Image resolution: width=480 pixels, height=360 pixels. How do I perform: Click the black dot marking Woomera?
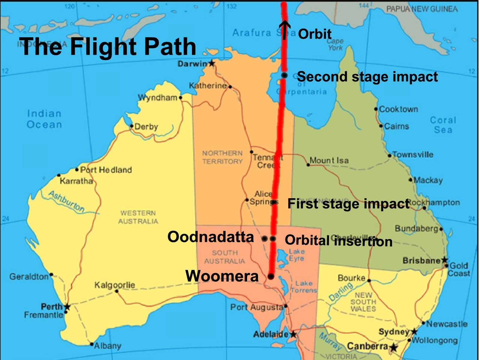coord(271,276)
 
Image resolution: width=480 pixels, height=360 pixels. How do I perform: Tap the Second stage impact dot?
coord(284,75)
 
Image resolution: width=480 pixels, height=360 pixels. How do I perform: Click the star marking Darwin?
coord(212,63)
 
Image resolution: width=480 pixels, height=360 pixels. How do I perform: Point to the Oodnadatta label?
coord(211,237)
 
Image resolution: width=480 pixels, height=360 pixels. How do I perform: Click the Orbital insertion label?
coord(338,241)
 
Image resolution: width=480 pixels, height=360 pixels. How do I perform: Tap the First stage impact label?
coord(348,204)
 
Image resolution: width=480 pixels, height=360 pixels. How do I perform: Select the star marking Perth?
coord(67,307)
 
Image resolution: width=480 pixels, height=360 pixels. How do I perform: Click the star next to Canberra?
coord(393,348)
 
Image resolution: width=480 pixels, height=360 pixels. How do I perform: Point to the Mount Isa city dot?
coord(308,165)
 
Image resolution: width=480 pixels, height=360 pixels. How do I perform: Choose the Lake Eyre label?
coord(296,255)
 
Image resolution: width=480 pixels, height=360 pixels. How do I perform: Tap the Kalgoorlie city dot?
coord(117,291)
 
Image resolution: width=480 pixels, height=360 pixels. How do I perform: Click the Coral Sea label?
coord(443,125)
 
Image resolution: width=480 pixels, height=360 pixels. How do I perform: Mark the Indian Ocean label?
coord(44,119)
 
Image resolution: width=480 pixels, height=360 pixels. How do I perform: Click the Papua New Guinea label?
coord(422,9)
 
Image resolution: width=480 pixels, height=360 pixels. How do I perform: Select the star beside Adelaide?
coord(293,334)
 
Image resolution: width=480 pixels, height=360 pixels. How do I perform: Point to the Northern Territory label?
coord(222,157)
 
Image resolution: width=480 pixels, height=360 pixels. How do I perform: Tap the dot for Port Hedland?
coord(77,170)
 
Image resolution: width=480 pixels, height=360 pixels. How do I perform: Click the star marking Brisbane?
coord(444,260)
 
